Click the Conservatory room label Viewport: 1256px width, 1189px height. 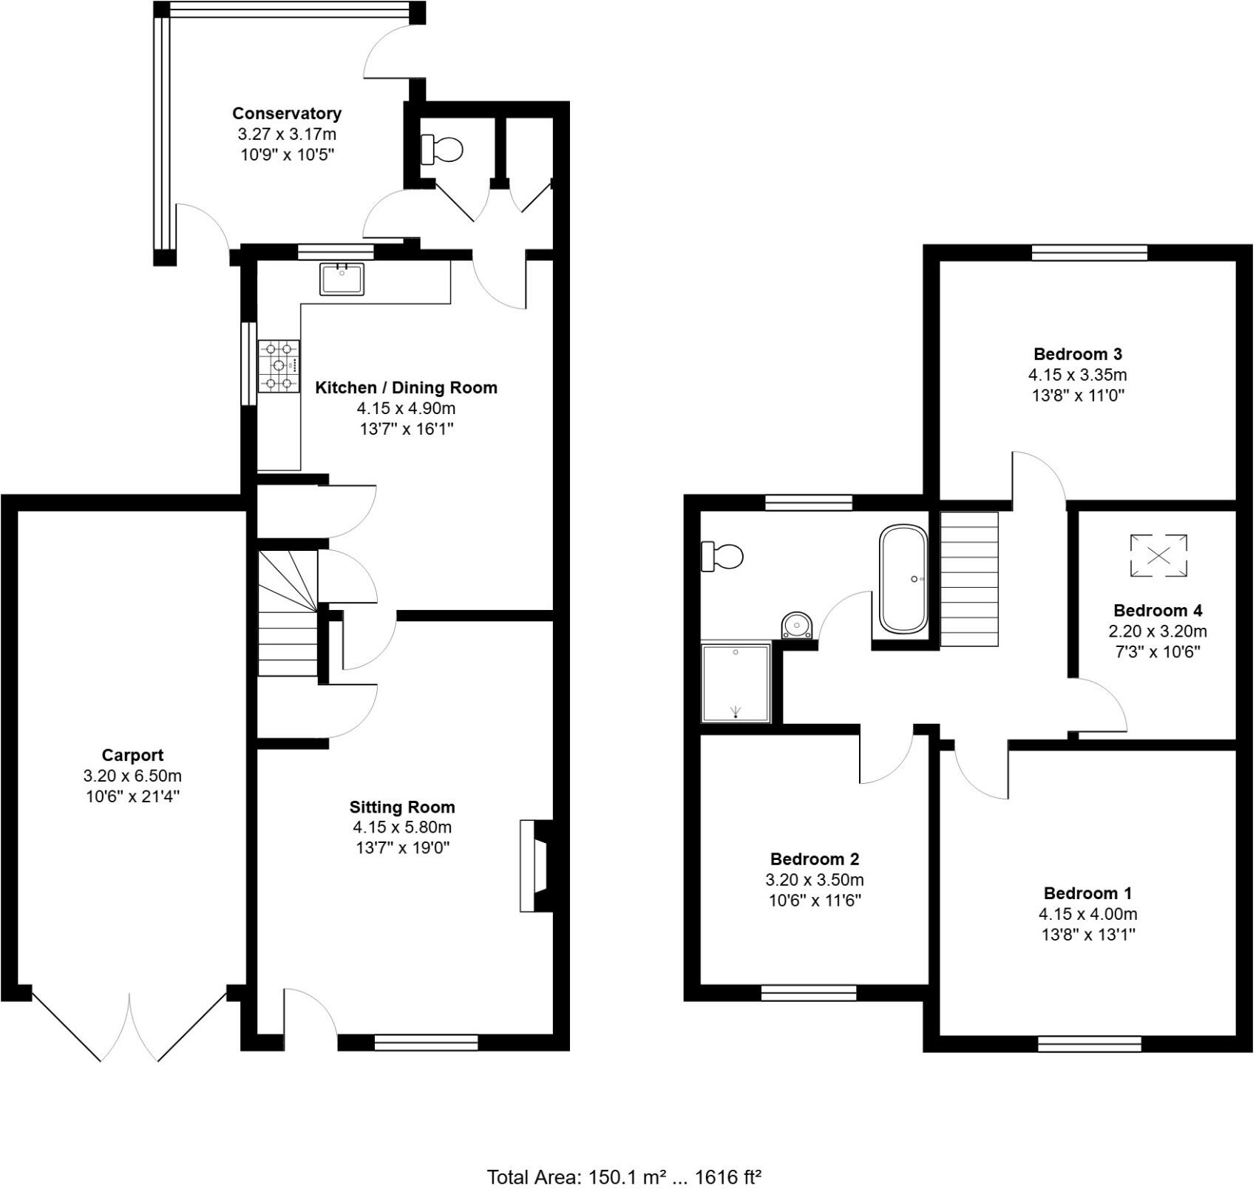pos(287,113)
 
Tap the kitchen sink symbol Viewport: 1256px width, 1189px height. pos(342,279)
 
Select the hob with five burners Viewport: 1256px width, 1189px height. pos(279,365)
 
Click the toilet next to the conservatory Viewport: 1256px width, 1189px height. pos(442,149)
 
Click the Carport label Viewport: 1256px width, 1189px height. pos(132,755)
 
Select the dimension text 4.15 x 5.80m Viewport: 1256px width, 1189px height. pos(402,827)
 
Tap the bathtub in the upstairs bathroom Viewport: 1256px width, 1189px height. pos(903,579)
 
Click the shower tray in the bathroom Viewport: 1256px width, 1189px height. pos(736,682)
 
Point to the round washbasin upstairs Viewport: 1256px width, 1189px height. pos(797,625)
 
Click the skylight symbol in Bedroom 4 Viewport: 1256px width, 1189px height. pos(1158,555)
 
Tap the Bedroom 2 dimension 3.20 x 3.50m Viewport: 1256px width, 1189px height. pos(814,880)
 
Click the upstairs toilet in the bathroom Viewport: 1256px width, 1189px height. pos(723,556)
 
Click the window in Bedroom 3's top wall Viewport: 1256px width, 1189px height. pos(1090,253)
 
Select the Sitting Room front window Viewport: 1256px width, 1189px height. pos(426,1042)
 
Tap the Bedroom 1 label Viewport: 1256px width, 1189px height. pos(1087,892)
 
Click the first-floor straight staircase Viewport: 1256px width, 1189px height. pos(969,579)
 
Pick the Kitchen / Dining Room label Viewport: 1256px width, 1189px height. pos(406,387)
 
